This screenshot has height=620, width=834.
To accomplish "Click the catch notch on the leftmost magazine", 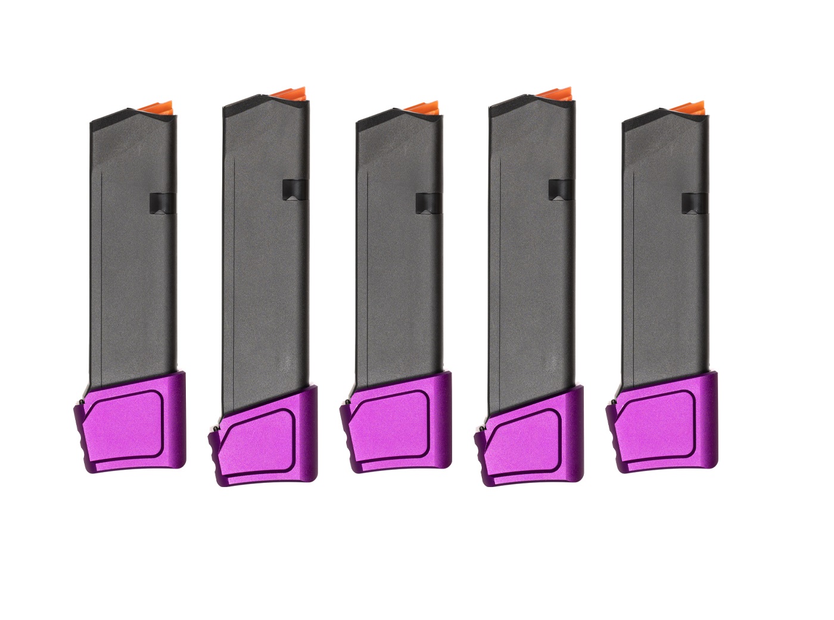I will [x=162, y=202].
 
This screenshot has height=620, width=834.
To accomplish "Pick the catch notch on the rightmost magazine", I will [x=695, y=202].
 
